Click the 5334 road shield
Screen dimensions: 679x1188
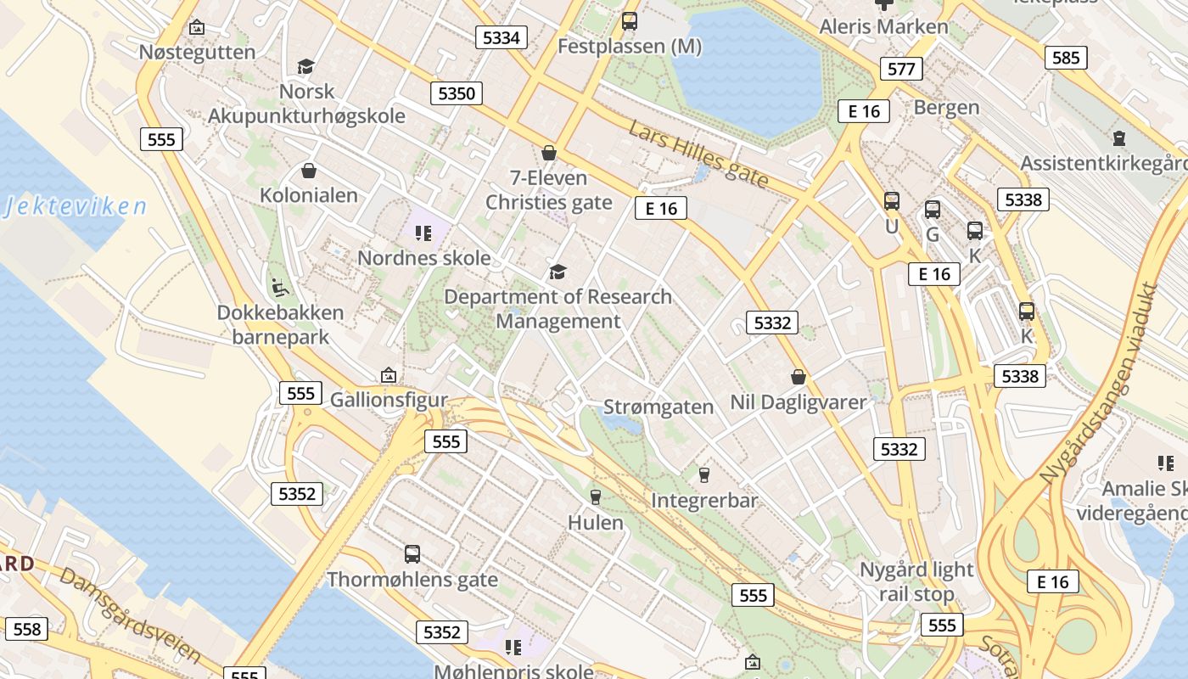pos(501,37)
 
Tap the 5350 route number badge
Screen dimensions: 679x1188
pos(457,93)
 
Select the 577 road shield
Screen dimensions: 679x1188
pos(900,69)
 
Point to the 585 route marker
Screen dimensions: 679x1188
pos(1066,57)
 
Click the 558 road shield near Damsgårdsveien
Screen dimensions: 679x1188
pos(27,629)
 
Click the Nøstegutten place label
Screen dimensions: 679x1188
pos(197,52)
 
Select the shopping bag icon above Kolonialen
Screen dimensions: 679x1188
pos(309,171)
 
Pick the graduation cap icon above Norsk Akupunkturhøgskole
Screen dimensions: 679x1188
pos(305,66)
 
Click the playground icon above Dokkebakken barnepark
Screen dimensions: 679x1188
pos(279,288)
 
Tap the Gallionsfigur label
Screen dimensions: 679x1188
pos(389,399)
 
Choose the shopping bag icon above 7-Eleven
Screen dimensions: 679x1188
pos(549,154)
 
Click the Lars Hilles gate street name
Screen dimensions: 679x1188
pos(698,154)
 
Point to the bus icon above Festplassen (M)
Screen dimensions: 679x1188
pos(629,21)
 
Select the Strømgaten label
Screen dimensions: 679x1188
pos(658,407)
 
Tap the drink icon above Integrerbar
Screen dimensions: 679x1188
pos(703,475)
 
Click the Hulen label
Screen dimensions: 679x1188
pos(596,522)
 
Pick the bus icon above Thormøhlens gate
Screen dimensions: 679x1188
pos(412,554)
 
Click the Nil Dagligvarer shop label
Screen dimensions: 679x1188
pos(799,401)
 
